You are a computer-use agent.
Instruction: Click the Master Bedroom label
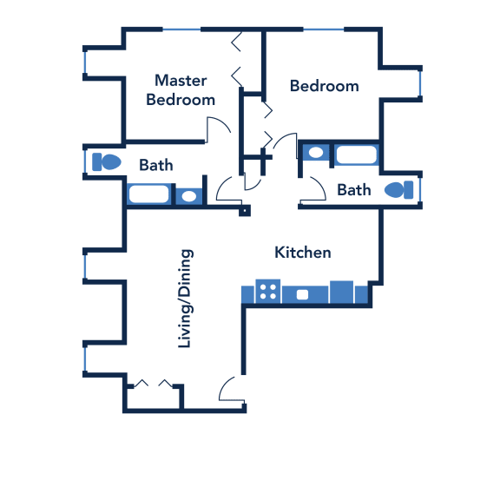[x=181, y=90]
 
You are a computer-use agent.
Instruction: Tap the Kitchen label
[x=303, y=253]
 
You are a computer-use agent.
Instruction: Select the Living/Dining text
[x=185, y=299]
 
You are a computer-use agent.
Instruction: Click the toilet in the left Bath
[x=107, y=162]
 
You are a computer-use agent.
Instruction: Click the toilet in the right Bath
[x=399, y=190]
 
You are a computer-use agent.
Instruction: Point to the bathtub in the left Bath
[x=148, y=194]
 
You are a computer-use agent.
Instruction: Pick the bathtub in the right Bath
[x=357, y=155]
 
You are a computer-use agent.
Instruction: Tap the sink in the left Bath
[x=188, y=196]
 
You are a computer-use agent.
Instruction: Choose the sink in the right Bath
[x=316, y=153]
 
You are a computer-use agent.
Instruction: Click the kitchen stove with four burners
[x=268, y=292]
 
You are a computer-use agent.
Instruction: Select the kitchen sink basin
[x=302, y=294]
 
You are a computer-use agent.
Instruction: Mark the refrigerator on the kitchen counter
[x=341, y=292]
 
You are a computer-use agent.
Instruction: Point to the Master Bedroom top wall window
[x=181, y=30]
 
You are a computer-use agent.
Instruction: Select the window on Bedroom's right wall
[x=420, y=83]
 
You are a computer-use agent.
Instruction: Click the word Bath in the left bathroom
[x=156, y=165]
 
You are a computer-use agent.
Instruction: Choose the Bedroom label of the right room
[x=325, y=86]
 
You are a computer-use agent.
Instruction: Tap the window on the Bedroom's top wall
[x=323, y=30]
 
